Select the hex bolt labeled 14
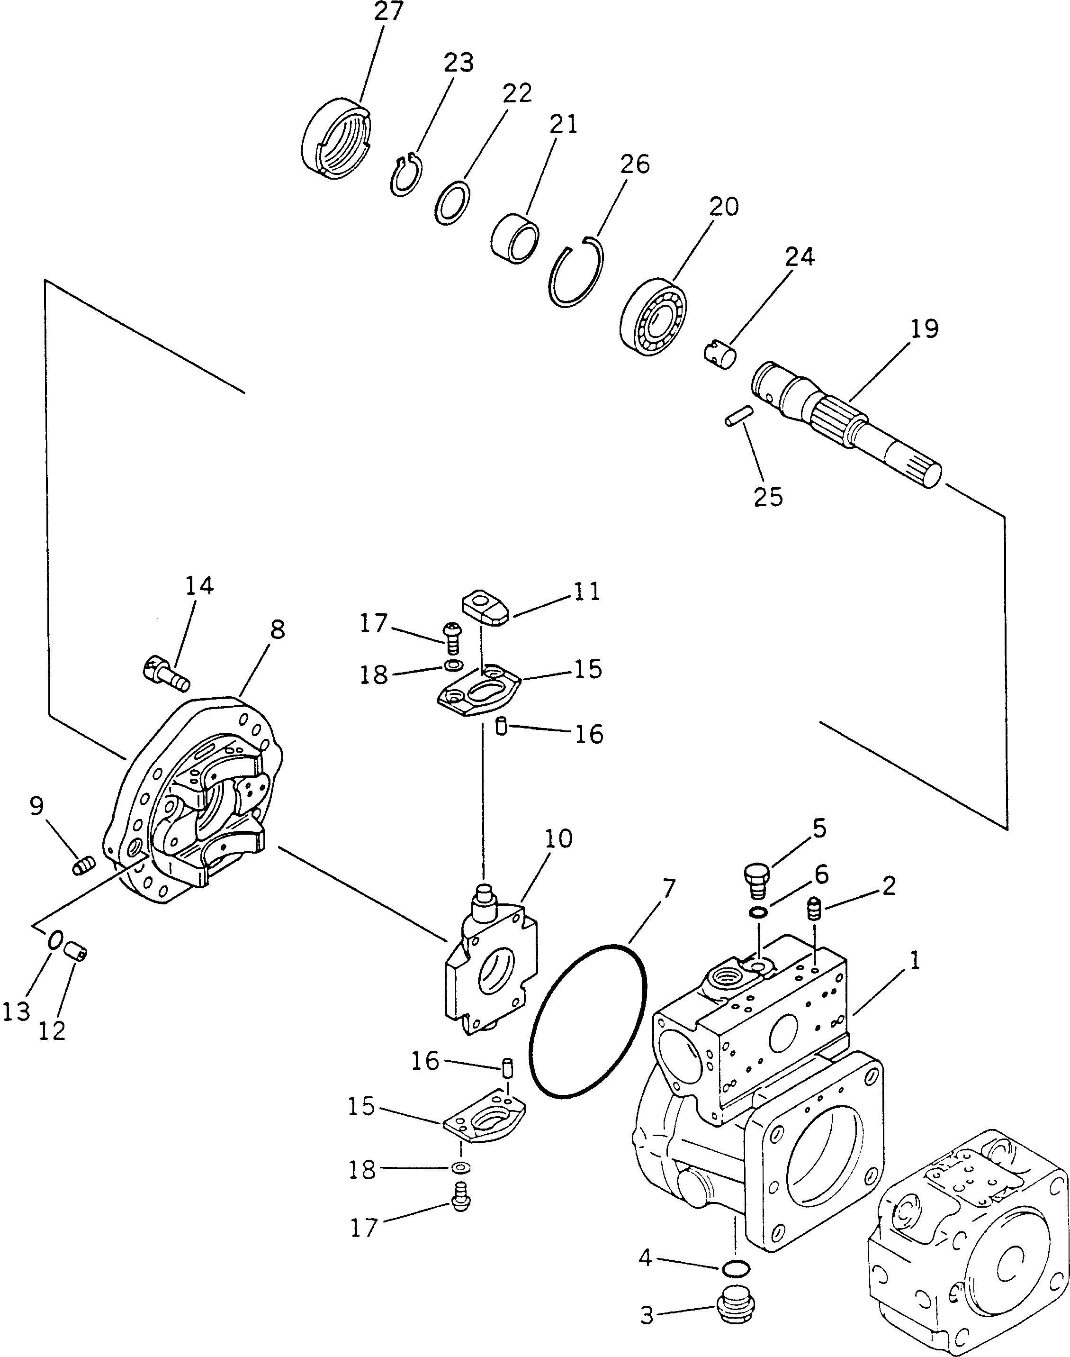pos(166,673)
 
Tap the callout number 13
pos(16,1011)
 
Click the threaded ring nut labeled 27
pos(336,139)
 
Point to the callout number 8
pos(277,630)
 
